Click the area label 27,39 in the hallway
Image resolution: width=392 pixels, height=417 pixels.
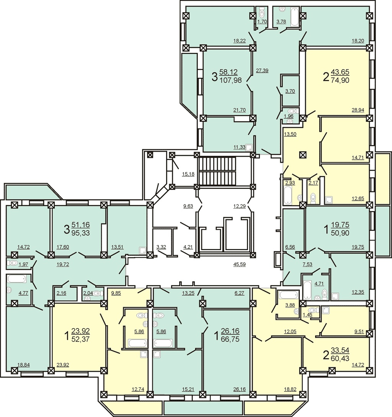(x=262, y=70)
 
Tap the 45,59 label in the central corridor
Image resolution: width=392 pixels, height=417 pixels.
(x=239, y=264)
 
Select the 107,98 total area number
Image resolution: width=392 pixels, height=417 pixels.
(x=231, y=80)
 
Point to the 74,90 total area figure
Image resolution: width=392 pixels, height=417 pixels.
(x=340, y=80)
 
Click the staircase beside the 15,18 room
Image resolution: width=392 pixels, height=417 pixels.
(x=218, y=171)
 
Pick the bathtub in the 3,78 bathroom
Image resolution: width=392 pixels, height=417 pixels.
(x=294, y=17)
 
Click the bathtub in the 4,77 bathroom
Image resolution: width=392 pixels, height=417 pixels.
(x=17, y=279)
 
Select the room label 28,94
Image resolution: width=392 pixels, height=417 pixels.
(x=358, y=110)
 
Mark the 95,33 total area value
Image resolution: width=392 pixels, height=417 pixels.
(x=80, y=233)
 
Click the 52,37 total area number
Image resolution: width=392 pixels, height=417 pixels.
(x=80, y=339)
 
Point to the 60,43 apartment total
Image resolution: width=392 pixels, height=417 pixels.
(x=340, y=358)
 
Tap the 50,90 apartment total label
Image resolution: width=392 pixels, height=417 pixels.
(x=340, y=233)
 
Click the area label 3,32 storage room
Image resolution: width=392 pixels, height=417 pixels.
(x=161, y=247)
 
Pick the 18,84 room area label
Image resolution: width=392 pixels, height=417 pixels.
(x=23, y=365)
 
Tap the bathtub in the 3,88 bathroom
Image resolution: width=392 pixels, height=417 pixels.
(x=288, y=295)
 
